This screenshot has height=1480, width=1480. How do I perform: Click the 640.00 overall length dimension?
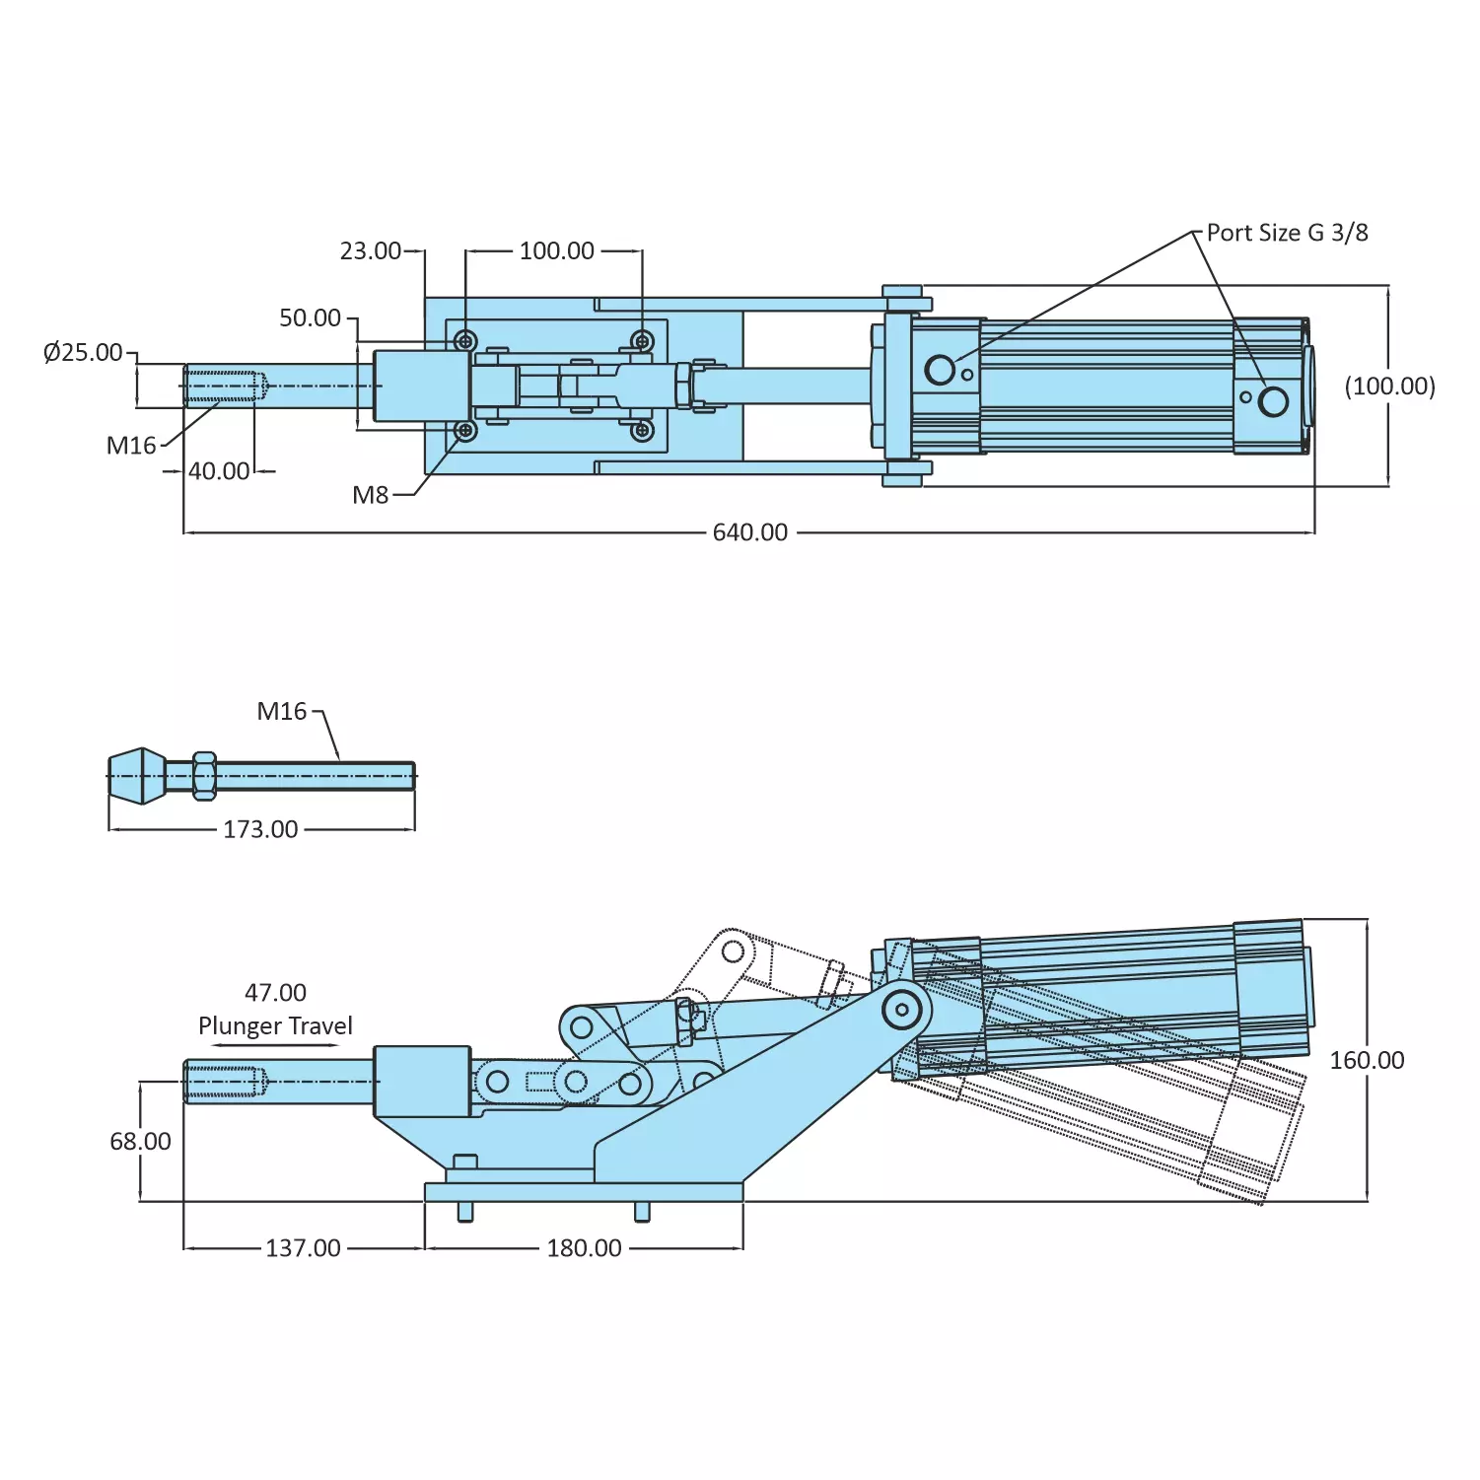coord(749,532)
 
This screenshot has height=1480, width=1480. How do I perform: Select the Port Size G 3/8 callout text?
coord(1287,233)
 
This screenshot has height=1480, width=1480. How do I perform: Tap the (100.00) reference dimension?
coord(1389,386)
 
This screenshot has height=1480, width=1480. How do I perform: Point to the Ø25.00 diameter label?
coord(83,352)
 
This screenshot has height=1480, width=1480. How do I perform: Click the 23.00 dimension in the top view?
coord(371,251)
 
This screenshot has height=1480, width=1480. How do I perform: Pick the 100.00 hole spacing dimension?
coord(556,251)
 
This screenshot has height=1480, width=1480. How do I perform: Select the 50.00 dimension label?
coord(310,317)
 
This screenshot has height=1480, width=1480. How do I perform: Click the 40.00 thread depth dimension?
coord(219,471)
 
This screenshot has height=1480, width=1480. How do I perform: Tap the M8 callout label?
coord(371,495)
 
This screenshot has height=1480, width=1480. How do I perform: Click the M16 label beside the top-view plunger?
coord(131,446)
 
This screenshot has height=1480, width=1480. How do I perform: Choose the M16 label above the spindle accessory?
coord(282,711)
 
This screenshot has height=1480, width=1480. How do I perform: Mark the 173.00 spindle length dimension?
coord(260,829)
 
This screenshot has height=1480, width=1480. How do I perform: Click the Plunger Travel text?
coord(275,1025)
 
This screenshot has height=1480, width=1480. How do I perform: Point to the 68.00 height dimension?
coord(140,1141)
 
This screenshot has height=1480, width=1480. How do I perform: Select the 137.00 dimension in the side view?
coord(303,1248)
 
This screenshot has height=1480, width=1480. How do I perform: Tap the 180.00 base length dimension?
coord(584,1248)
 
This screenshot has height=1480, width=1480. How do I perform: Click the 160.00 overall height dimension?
coord(1367,1060)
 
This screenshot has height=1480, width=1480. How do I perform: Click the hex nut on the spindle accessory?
coord(204,776)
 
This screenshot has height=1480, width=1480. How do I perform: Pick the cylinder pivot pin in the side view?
coord(901,1010)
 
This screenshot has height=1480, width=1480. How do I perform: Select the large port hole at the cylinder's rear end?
coord(1273,401)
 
